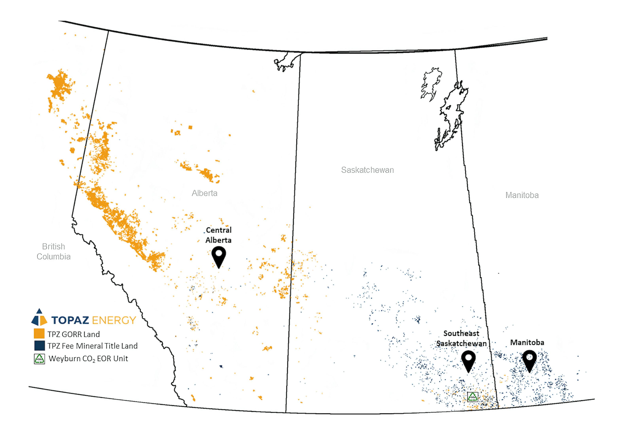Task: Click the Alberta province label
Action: (x=204, y=193)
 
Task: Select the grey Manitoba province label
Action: (x=522, y=195)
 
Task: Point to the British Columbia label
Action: (x=53, y=251)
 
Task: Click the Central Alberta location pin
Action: (x=219, y=256)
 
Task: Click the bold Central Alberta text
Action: (x=218, y=235)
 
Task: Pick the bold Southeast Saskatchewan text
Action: (x=461, y=338)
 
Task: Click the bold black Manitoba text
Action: (x=527, y=342)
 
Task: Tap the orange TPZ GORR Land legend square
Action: (x=39, y=334)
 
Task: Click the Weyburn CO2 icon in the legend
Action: (x=39, y=359)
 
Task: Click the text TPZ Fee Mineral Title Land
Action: (x=93, y=346)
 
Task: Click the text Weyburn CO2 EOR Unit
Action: (x=88, y=359)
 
